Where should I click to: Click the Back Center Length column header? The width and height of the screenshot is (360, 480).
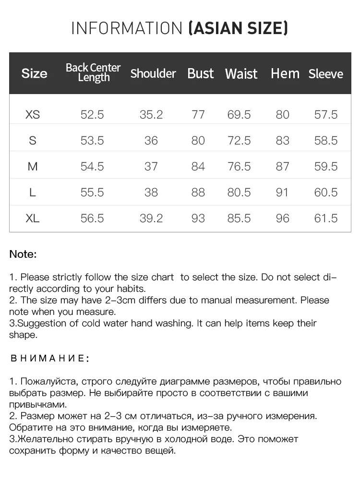(x=93, y=72)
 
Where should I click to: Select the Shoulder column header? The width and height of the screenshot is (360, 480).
(x=153, y=73)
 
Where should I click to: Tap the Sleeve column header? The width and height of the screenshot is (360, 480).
(x=326, y=74)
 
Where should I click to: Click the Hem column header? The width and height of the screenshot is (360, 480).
(x=285, y=73)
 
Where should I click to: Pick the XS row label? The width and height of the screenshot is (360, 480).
(x=33, y=115)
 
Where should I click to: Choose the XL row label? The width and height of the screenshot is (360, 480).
(x=33, y=218)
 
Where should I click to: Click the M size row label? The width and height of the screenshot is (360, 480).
(x=33, y=167)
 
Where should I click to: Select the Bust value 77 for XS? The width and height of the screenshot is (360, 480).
(x=198, y=115)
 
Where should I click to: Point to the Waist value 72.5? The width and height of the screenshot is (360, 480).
(x=239, y=141)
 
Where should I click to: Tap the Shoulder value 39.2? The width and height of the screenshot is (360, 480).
(x=151, y=218)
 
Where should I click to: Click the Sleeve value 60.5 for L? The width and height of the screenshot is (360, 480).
(x=326, y=192)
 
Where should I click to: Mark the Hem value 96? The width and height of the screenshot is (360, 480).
(x=283, y=218)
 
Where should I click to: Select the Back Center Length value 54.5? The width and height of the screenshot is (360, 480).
(x=92, y=167)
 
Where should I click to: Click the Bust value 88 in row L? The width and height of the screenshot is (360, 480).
(x=198, y=192)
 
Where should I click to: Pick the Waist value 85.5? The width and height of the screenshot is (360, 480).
(x=239, y=218)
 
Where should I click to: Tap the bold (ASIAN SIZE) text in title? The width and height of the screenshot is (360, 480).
(x=239, y=28)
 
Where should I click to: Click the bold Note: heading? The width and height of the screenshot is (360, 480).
(x=23, y=254)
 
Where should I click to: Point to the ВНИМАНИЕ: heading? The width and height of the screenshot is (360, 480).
(x=49, y=358)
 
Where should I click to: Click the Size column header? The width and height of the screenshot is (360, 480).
(x=35, y=73)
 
